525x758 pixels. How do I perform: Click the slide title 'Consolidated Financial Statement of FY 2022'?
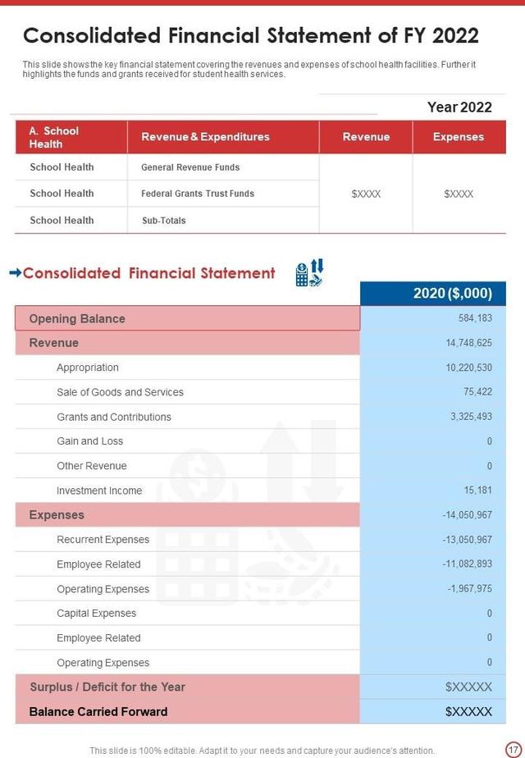point(251,36)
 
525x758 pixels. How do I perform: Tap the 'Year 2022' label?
point(459,107)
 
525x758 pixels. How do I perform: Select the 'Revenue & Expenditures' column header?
point(205,137)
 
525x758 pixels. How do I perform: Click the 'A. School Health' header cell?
point(54,137)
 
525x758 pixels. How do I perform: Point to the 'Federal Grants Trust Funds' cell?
point(198,194)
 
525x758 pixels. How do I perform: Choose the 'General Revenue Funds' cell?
point(190,167)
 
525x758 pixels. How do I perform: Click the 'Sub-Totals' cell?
point(163,220)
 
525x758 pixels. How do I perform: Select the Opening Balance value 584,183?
point(475,318)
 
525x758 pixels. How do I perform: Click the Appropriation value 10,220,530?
point(469,368)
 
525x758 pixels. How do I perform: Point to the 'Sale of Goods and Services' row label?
point(120,392)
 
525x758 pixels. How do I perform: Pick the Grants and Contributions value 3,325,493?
point(471,417)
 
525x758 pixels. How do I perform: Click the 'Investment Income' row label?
point(99,491)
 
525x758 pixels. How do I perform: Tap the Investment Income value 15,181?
point(477,491)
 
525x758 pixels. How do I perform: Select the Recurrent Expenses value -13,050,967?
point(468,540)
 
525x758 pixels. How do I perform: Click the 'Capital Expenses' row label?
point(96,613)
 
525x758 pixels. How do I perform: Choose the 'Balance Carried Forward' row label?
point(98,711)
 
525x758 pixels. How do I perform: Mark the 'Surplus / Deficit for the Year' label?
point(107,687)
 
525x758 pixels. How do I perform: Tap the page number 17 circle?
point(513,748)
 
